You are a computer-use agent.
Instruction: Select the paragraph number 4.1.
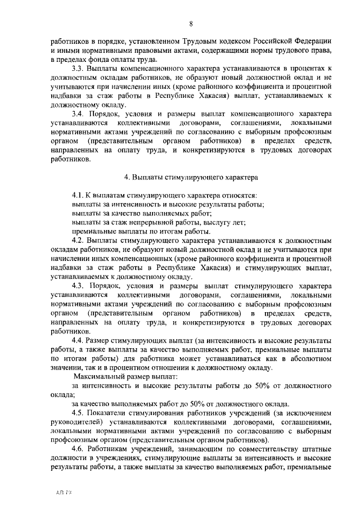[x=79, y=194]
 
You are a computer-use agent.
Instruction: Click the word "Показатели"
[x=109, y=413]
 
